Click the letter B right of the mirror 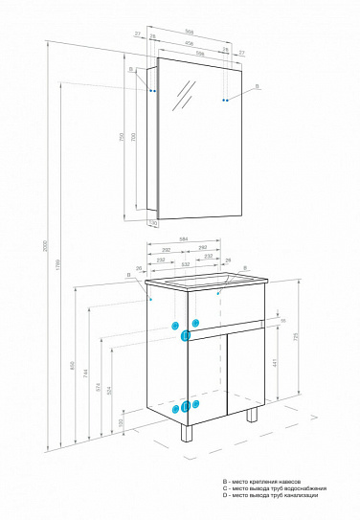pos(256,87)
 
